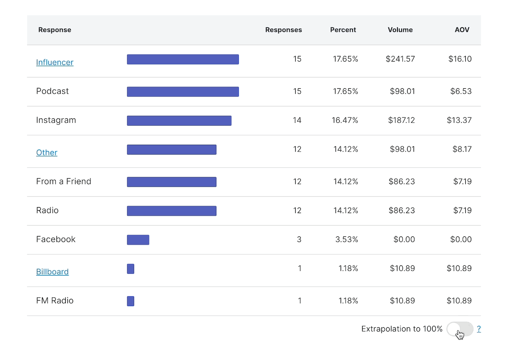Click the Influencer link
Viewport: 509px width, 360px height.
(x=55, y=62)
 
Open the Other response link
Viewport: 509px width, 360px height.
(x=47, y=152)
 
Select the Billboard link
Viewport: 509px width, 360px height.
(x=52, y=272)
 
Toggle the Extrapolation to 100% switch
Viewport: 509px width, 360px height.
(x=460, y=329)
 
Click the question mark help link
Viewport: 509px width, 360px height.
(x=479, y=329)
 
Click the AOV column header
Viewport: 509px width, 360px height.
(x=462, y=30)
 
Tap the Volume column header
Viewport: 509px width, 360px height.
(x=400, y=30)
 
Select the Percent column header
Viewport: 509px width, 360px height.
(x=343, y=30)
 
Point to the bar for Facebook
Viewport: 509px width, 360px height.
(x=138, y=240)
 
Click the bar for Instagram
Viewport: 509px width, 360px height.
(x=179, y=121)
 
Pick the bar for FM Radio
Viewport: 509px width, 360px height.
(x=131, y=301)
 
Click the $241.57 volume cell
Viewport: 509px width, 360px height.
(x=400, y=59)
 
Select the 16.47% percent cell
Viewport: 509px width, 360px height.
(x=345, y=121)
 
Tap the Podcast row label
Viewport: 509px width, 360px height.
(x=53, y=91)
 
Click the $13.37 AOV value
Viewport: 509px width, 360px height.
(x=459, y=121)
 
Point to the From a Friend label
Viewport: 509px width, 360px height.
(x=64, y=182)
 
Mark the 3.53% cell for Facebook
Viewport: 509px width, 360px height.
(x=347, y=240)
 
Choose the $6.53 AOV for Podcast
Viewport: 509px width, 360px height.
(x=461, y=91)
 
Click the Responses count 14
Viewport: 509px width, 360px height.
(x=297, y=121)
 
